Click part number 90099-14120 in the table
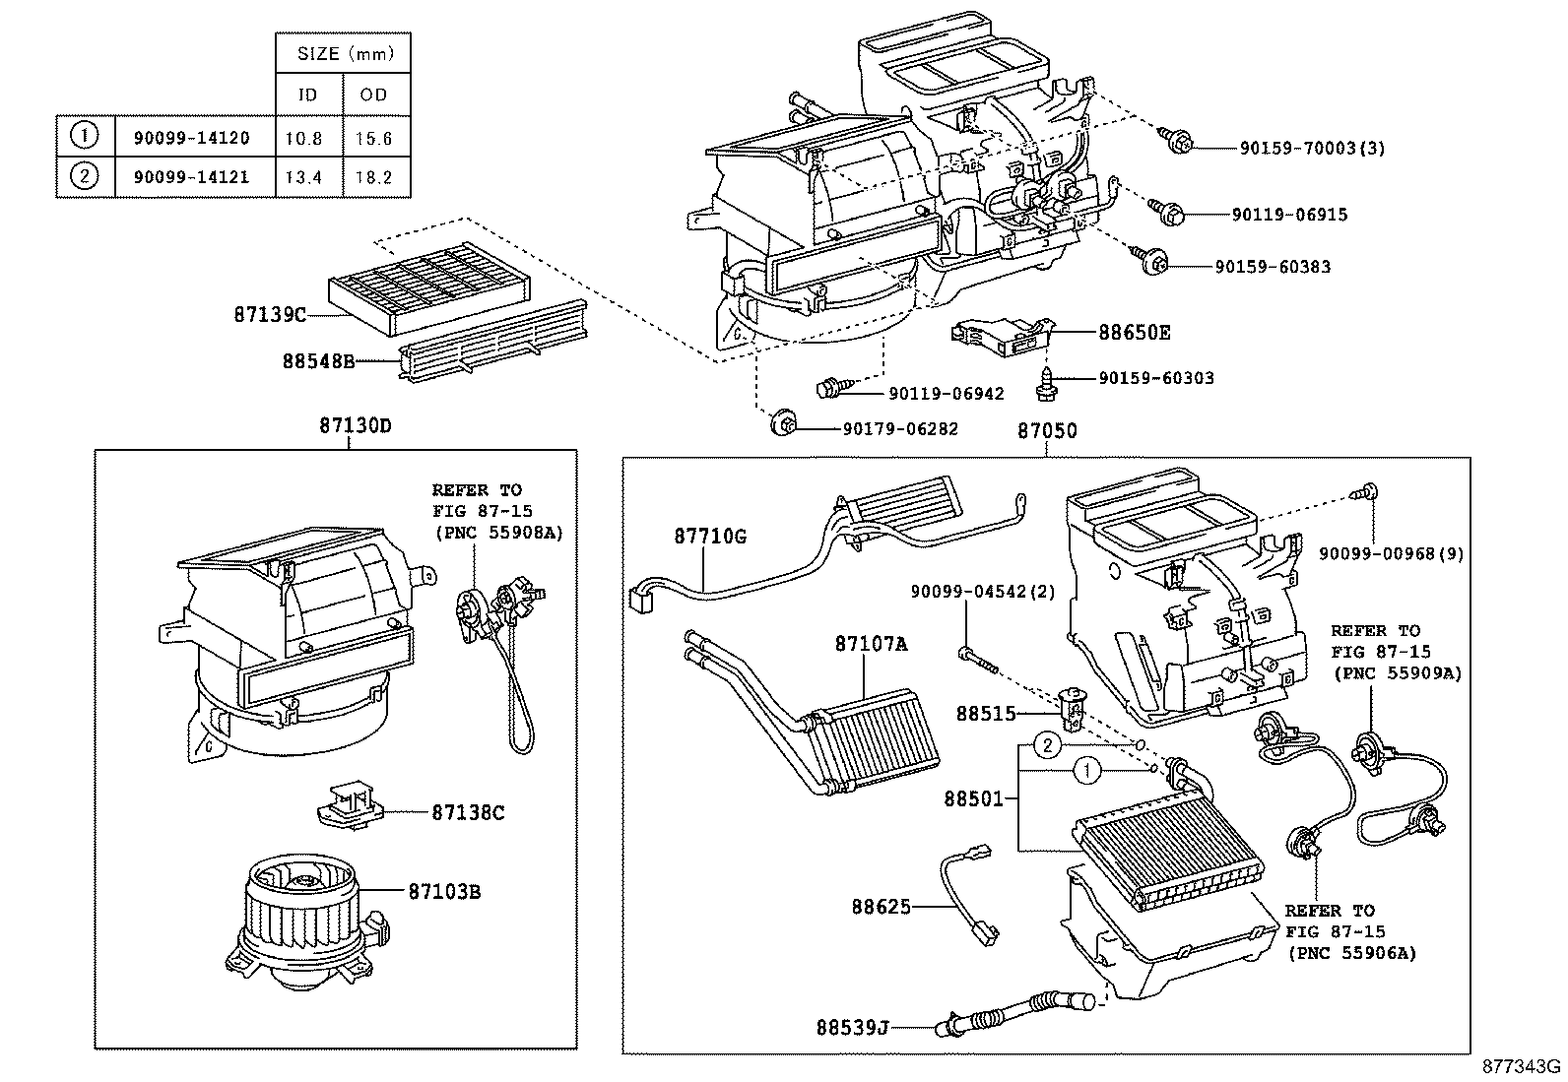click(x=191, y=139)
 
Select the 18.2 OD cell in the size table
click(x=374, y=178)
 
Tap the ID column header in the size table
click(x=307, y=95)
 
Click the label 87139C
click(x=270, y=315)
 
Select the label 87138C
click(x=468, y=813)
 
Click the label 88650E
click(x=1134, y=333)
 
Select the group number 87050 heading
click(x=1047, y=431)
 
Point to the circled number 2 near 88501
click(x=1049, y=745)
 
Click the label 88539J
click(x=852, y=1028)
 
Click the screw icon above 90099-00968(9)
click(x=1367, y=492)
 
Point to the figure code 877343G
click(x=1523, y=1066)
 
